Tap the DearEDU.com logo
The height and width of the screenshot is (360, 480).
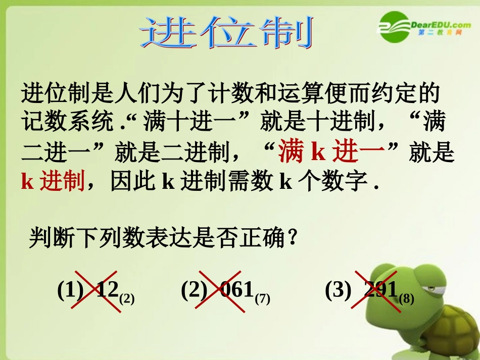click(424, 26)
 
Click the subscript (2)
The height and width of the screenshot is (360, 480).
click(127, 298)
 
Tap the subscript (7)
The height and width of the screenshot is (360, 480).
click(263, 298)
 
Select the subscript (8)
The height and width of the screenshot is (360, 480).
click(406, 298)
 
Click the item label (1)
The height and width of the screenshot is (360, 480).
click(70, 290)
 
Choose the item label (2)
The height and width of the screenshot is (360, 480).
click(194, 290)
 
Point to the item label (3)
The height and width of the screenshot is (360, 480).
click(338, 290)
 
